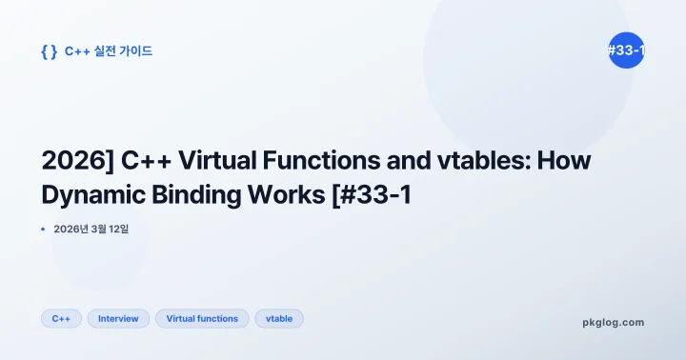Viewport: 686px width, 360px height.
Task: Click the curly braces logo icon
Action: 49,51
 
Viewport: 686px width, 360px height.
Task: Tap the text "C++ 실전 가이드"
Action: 109,51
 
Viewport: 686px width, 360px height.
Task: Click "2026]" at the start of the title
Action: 73,160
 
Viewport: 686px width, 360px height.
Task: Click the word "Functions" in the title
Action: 309,160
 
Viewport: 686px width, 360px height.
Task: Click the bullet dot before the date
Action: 44,230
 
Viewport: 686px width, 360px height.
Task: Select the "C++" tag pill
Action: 61,318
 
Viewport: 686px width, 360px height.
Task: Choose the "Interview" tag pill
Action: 118,318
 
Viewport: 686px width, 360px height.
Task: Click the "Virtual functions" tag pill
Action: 202,318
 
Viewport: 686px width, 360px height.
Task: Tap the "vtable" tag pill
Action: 279,318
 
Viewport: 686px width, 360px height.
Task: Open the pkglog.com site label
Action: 613,322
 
